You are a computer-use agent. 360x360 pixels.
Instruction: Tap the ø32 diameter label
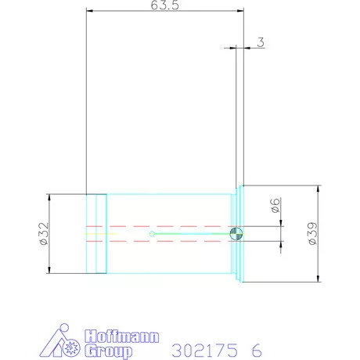pyautogui.click(x=44, y=234)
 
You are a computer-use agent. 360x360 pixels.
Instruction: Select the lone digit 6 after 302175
pyautogui.click(x=257, y=349)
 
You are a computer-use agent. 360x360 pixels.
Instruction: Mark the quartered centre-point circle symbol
pyautogui.click(x=236, y=233)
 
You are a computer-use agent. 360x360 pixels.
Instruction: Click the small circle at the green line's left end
pyautogui.click(x=153, y=233)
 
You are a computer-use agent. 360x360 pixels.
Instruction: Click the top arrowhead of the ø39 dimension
pyautogui.click(x=318, y=189)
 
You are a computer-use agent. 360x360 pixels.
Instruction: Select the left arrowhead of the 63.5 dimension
pyautogui.click(x=88, y=12)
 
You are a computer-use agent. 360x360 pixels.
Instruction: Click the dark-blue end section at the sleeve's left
pyautogui.click(x=95, y=233)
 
